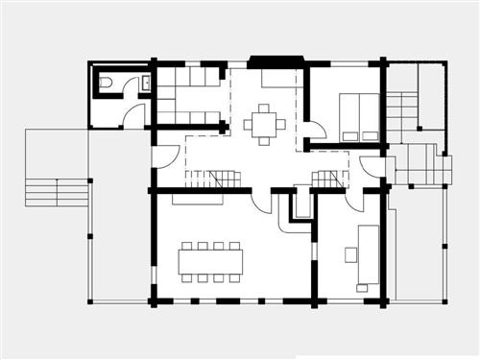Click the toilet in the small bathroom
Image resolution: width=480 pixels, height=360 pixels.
click(106, 83)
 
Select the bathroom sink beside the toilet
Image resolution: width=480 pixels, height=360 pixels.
click(145, 84)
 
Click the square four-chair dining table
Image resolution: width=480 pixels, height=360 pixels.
click(264, 124)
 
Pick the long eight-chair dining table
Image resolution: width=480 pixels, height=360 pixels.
click(210, 261)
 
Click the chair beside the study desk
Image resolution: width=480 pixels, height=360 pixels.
click(350, 254)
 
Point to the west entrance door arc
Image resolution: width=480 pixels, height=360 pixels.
click(166, 156)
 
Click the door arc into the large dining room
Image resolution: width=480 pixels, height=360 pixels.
click(261, 200)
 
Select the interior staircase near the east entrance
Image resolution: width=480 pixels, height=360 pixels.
click(328, 179)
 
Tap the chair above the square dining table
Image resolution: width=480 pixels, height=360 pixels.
click(264, 108)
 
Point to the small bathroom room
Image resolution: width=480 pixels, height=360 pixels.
click(120, 96)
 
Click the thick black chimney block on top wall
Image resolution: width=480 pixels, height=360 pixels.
click(276, 61)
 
